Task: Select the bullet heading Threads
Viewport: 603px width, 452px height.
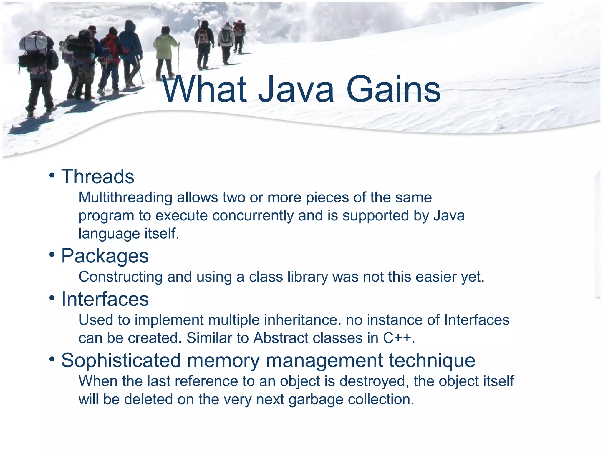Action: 98,177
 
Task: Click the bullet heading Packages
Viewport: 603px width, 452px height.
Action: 105,256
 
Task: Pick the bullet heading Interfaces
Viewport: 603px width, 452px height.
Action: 105,299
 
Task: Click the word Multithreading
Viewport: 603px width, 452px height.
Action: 125,197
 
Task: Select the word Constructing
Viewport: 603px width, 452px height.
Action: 120,277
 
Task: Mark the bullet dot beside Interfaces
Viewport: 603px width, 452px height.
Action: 52,298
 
